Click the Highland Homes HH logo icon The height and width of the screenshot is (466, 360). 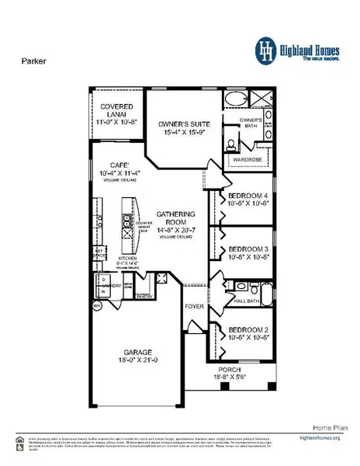pos(266,50)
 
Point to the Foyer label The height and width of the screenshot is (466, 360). pos(193,307)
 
